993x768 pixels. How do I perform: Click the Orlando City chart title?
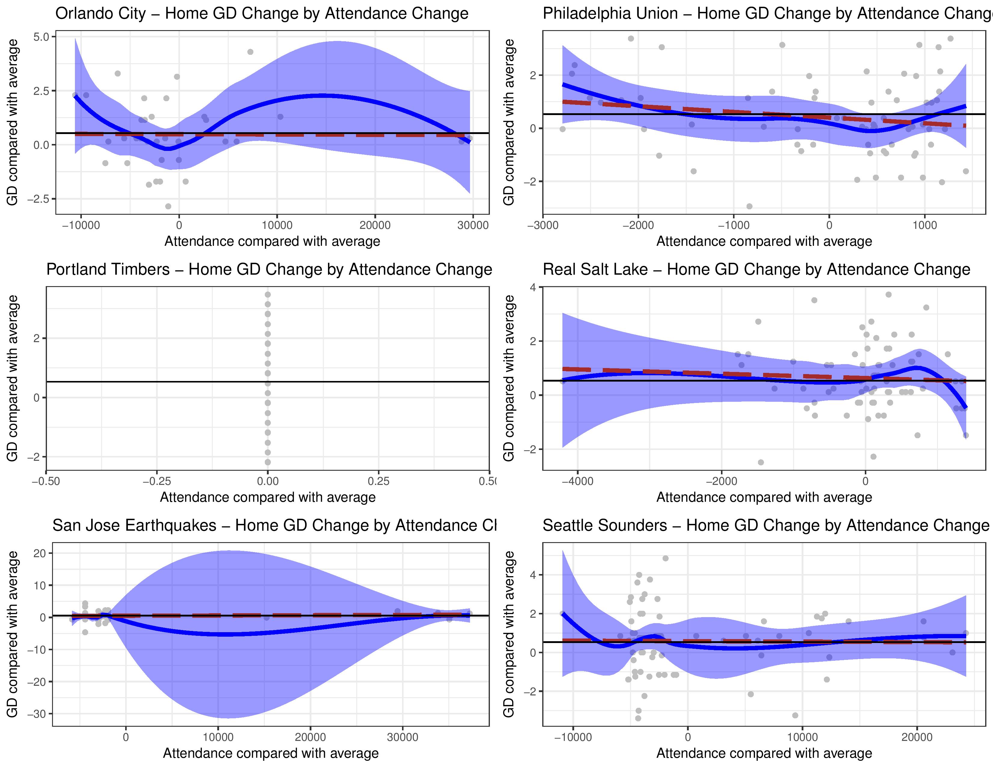pyautogui.click(x=262, y=14)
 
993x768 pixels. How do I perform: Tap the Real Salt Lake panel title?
pyautogui.click(x=756, y=269)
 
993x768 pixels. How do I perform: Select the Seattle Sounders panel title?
pyautogui.click(x=766, y=526)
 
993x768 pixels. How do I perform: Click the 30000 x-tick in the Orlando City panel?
pyautogui.click(x=473, y=226)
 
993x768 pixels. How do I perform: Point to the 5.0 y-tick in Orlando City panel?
pyautogui.click(x=44, y=37)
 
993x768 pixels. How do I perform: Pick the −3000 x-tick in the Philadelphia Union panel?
pyautogui.click(x=543, y=226)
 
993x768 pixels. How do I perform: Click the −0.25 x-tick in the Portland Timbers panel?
pyautogui.click(x=157, y=481)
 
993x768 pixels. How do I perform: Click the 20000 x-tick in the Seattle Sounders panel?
pyautogui.click(x=917, y=738)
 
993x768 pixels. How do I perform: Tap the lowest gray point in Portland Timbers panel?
pyautogui.click(x=268, y=462)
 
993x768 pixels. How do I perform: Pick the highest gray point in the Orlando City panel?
pyautogui.click(x=250, y=52)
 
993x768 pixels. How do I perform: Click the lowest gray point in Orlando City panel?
pyautogui.click(x=168, y=206)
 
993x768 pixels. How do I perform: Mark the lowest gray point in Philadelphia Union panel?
pyautogui.click(x=749, y=206)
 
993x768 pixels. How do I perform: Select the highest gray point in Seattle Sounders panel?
pyautogui.click(x=666, y=558)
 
